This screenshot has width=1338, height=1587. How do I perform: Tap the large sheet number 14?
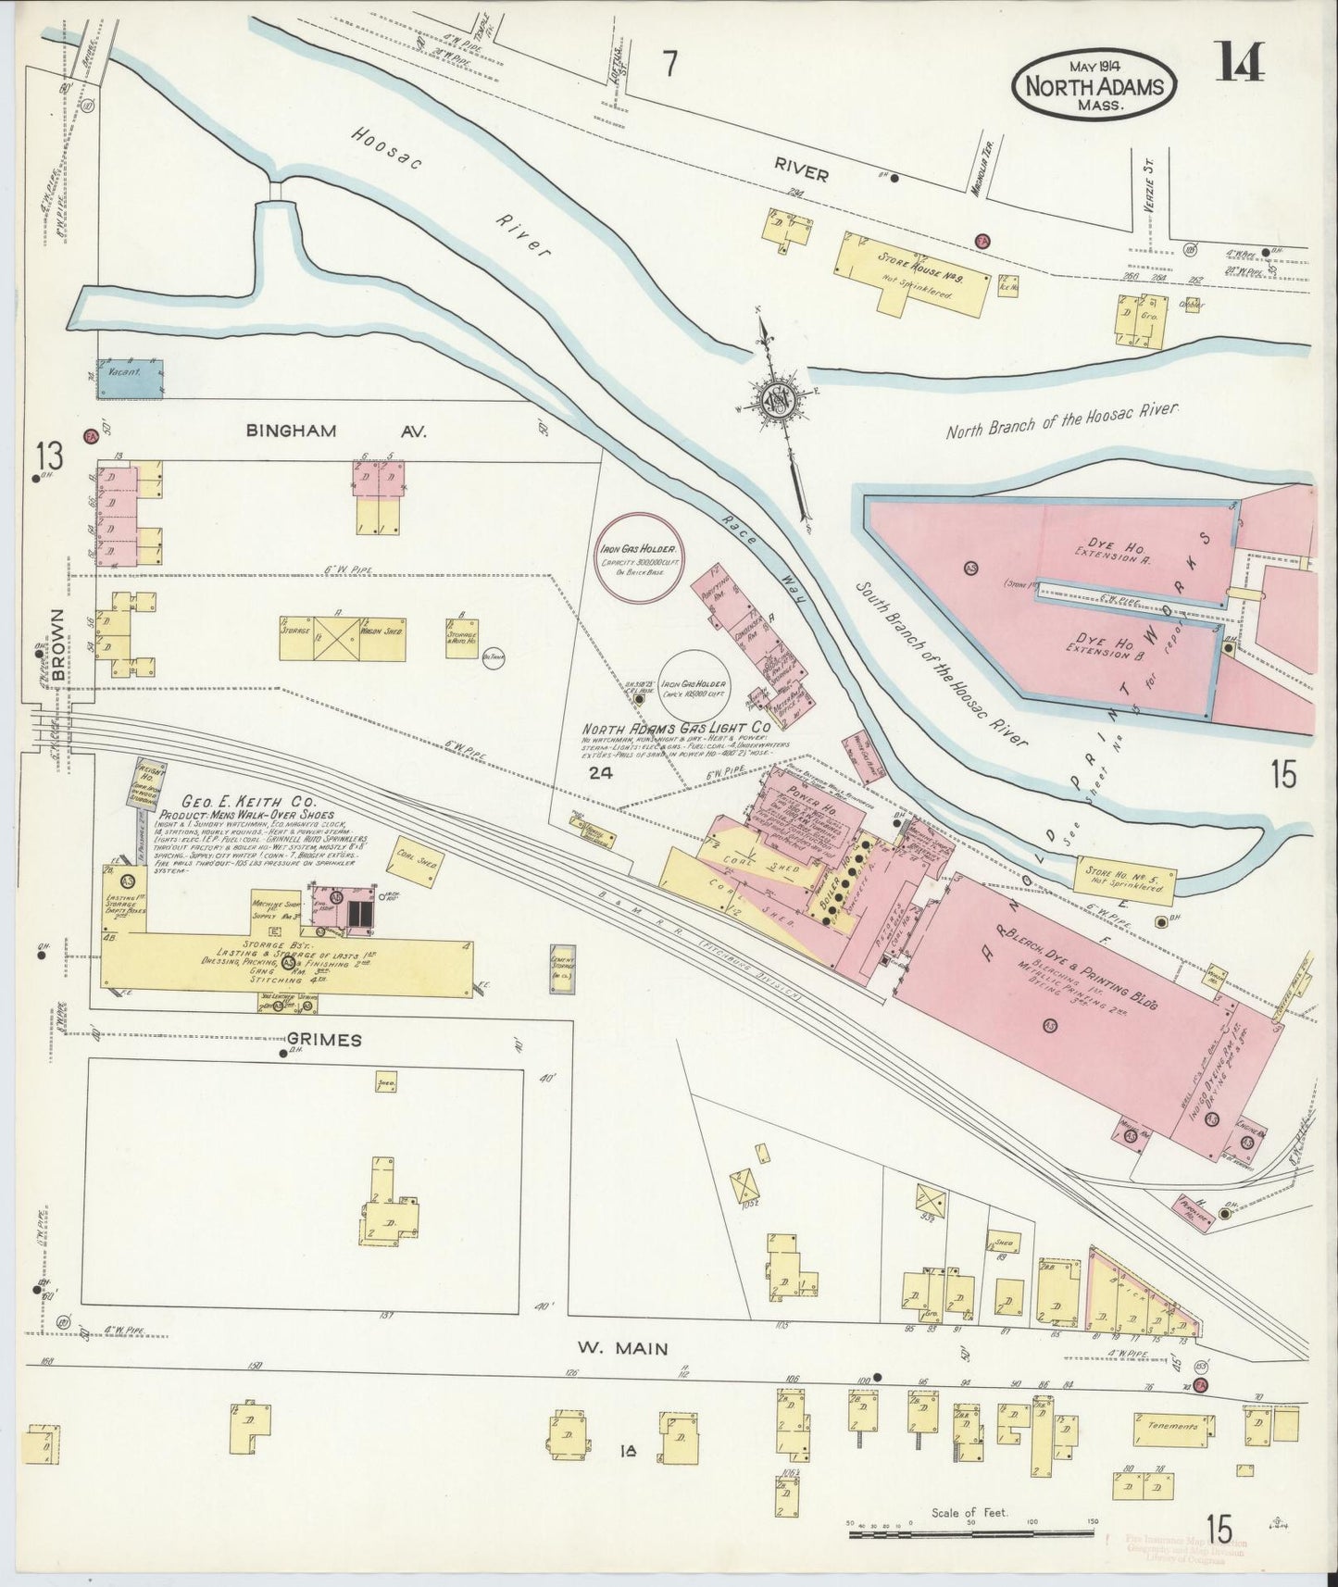(1241, 63)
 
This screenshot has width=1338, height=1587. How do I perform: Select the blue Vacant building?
(131, 379)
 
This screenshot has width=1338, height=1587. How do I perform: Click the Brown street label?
(59, 645)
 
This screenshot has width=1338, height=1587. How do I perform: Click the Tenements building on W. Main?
(1171, 1452)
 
